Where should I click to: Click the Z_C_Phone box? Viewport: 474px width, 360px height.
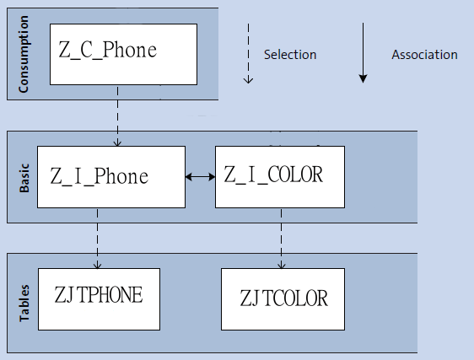123,55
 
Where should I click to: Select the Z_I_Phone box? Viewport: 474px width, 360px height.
111,177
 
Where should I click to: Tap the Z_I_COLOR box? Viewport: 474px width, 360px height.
280,177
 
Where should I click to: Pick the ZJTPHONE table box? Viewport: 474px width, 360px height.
100,299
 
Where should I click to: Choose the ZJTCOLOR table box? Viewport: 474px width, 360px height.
283,299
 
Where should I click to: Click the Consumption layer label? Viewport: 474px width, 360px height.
24,54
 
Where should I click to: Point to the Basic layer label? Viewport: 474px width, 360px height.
24,178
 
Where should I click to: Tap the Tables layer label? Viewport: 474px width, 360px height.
24,304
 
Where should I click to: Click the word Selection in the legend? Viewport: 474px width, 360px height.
290,55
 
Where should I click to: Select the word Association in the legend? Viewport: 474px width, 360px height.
425,55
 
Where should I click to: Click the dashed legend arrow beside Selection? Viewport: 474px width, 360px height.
248,53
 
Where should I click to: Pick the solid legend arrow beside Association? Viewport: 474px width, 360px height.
363,52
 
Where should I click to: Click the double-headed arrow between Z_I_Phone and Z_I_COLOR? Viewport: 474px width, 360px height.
201,177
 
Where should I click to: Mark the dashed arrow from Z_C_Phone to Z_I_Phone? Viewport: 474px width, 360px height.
117,116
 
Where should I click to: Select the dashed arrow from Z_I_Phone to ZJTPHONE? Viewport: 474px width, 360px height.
97,239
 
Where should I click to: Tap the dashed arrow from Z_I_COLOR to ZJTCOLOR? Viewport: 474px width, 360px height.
282,239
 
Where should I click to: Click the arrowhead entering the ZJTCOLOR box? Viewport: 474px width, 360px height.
282,266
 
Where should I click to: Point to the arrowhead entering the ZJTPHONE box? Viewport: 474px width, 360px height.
97,266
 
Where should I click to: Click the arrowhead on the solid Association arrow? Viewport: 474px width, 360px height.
363,78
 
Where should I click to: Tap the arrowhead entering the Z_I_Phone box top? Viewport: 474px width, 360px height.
117,143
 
